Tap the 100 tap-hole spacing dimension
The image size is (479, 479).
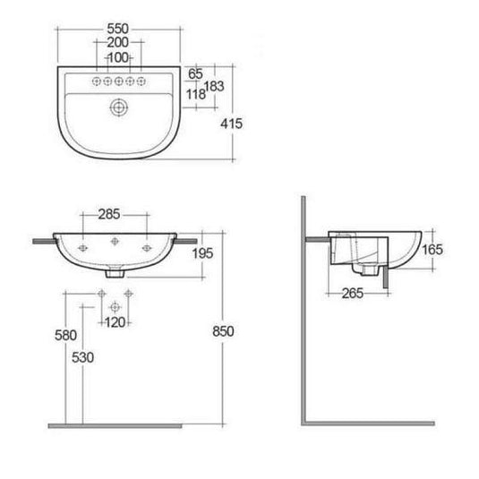point(117,57)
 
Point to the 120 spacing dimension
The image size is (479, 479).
point(114,321)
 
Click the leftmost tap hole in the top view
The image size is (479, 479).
point(92,81)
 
